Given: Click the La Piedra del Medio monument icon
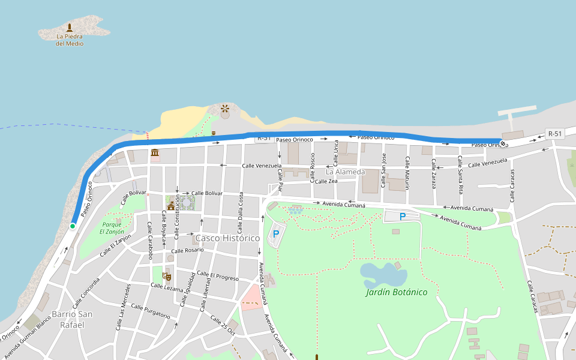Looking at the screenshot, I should pos(70,28).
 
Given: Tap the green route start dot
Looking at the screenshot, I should pos(73,226).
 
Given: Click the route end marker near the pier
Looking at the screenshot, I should pos(503,143).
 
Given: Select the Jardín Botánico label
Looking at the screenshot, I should pos(397,292).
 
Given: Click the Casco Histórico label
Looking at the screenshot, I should pos(227,238).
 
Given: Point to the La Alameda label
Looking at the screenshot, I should pos(345,172).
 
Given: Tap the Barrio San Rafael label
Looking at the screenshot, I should pos(72,319).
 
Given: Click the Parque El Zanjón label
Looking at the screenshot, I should pos(111,227).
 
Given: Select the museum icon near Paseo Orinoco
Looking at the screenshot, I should pos(155,152).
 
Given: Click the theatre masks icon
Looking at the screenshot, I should pos(169,276).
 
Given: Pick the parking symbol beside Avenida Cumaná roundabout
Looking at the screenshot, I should pos(276,233).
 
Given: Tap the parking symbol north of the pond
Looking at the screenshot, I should pos(403,217).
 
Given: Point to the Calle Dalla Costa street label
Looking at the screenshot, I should pos(241,213).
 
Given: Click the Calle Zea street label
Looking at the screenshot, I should pos(326,181).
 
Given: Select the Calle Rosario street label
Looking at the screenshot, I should pos(187,250).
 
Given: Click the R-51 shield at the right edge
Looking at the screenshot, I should pos(554,134).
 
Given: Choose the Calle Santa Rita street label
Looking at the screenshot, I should pos(460,175).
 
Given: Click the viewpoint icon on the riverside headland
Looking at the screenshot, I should pos(224,109).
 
